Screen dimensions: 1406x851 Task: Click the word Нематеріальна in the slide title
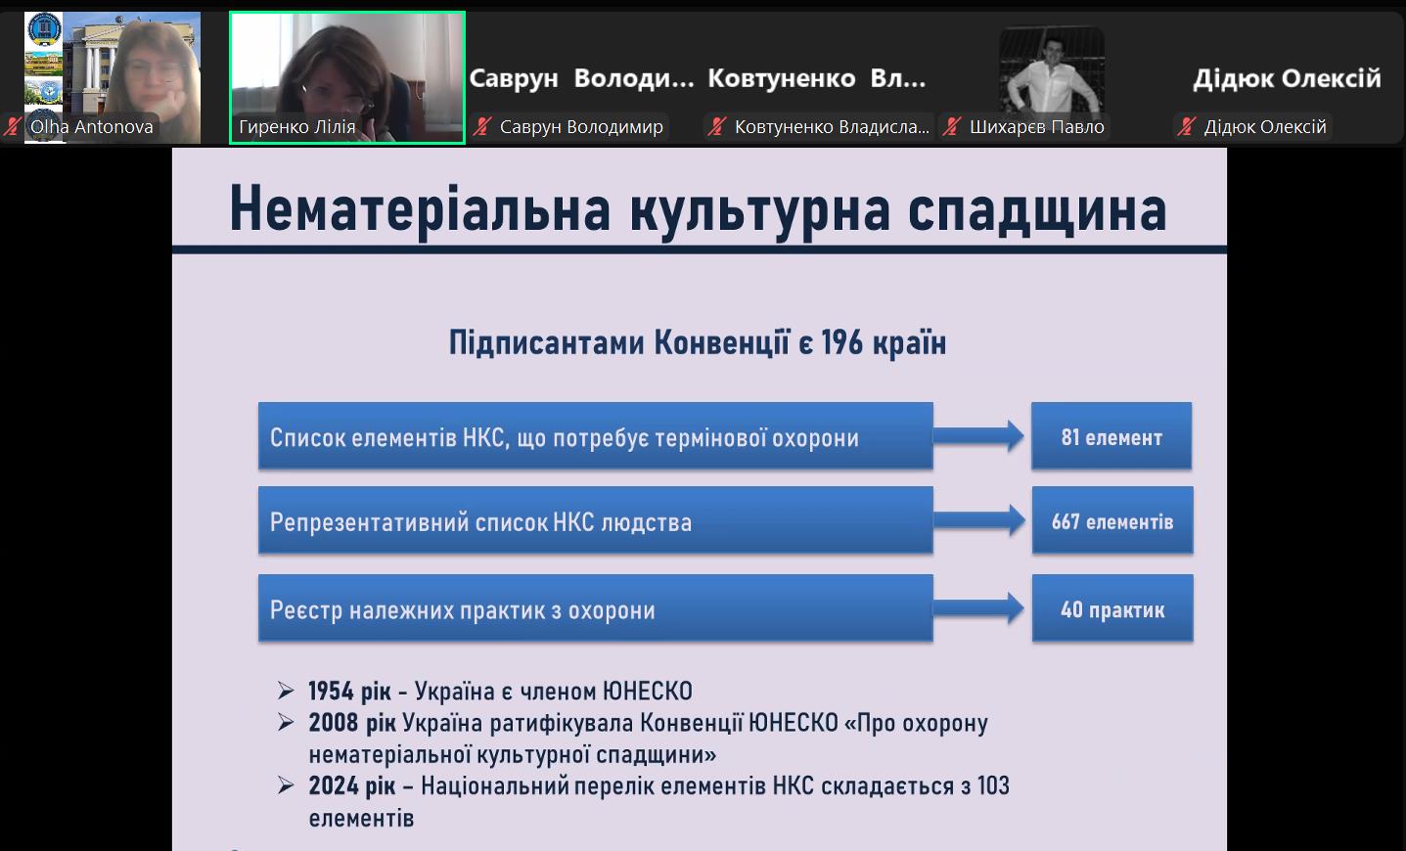[420, 209]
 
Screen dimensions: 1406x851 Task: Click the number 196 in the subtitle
[842, 342]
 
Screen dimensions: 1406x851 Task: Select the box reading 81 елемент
[1111, 435]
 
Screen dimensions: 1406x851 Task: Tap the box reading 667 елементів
[1112, 520]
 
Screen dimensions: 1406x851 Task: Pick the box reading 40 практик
[1112, 608]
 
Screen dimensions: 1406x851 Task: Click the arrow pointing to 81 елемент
[978, 436]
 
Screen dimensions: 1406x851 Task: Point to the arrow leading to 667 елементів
[978, 520]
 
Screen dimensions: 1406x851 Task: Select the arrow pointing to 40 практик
[978, 608]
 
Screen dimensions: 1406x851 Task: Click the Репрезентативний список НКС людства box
[596, 520]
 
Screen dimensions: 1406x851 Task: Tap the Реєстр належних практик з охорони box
[596, 608]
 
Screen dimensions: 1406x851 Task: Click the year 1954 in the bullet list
[331, 691]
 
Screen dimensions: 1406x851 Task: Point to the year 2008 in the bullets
[333, 723]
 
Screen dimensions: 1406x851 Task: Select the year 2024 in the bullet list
[333, 785]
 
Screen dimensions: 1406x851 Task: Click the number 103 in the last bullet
[993, 785]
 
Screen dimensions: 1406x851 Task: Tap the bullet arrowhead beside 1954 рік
[286, 691]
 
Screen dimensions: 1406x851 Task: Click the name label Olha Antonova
[92, 127]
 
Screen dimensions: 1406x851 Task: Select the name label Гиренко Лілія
[296, 127]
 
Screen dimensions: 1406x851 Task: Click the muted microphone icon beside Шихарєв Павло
[952, 127]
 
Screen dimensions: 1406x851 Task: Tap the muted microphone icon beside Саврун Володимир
[482, 127]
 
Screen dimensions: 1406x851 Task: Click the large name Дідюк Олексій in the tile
[1287, 78]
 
